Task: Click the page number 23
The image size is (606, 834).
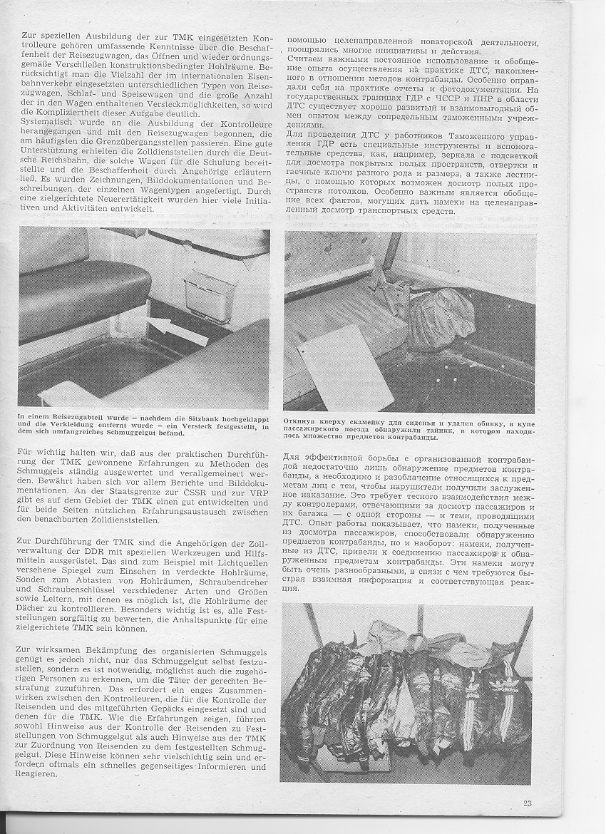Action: click(527, 803)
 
